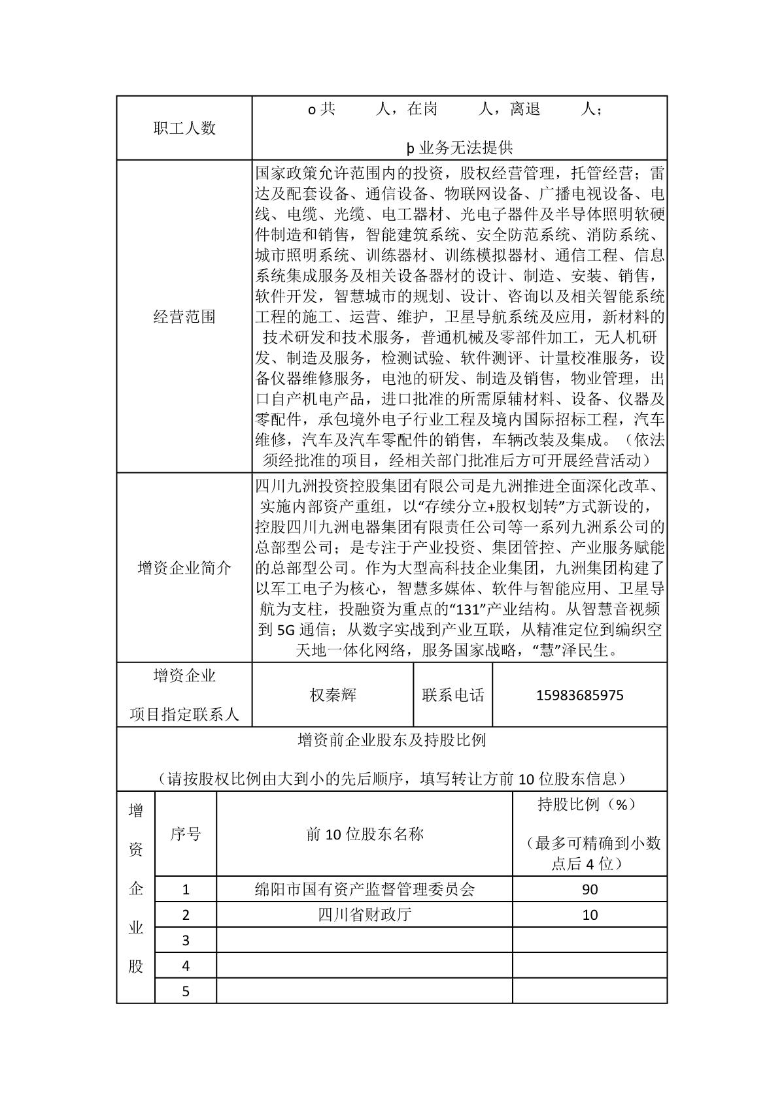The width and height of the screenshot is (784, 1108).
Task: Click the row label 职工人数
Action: [184, 128]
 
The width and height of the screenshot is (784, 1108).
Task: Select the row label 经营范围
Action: [184, 318]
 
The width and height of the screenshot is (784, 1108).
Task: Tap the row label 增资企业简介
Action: [184, 568]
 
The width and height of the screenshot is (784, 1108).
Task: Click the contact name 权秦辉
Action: [333, 695]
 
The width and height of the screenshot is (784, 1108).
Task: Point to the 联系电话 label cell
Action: [453, 695]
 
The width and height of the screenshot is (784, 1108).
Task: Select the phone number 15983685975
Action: [579, 695]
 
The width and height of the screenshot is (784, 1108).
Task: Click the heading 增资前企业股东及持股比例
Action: [392, 740]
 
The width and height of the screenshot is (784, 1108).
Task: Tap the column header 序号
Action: [186, 834]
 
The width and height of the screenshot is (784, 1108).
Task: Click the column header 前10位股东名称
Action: [365, 834]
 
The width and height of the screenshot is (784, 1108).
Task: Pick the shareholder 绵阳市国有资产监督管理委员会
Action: [365, 889]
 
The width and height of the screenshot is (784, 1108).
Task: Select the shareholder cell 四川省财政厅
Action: [365, 915]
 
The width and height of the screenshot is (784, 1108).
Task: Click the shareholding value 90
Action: [590, 889]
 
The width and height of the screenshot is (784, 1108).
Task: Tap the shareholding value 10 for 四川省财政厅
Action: [590, 915]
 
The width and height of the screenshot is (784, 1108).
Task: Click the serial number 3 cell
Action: [186, 940]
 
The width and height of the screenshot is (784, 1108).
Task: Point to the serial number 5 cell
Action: [186, 991]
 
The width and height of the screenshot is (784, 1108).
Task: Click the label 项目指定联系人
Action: [184, 715]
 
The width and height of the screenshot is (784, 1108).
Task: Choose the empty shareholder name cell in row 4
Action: [365, 966]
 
